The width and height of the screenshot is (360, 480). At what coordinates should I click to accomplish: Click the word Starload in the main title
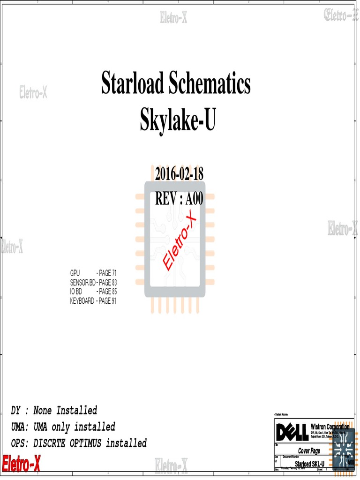click(x=132, y=84)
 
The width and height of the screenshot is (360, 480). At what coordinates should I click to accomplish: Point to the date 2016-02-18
click(x=180, y=174)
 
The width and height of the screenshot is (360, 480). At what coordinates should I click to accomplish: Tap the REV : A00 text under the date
click(x=179, y=199)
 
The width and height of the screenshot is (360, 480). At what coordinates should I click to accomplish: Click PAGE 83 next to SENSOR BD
click(x=107, y=283)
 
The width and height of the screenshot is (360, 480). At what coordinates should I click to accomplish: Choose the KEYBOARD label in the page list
click(x=82, y=301)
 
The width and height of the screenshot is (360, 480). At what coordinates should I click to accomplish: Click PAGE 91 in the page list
click(x=107, y=301)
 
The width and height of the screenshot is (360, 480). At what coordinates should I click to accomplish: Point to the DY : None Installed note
click(x=54, y=411)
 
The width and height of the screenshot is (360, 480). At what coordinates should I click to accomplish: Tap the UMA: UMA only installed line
click(x=63, y=427)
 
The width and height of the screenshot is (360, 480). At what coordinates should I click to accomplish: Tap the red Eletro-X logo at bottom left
click(x=21, y=464)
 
